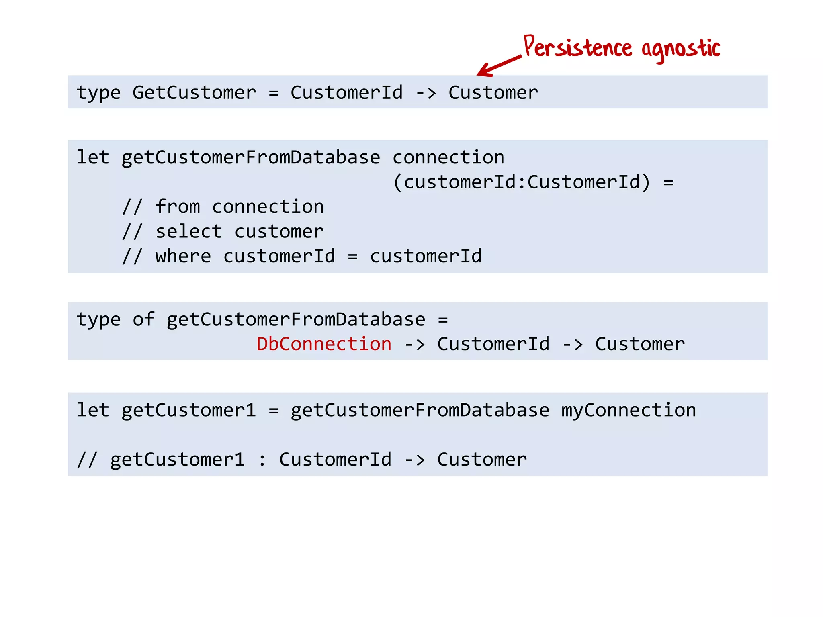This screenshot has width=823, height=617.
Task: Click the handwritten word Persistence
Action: click(578, 48)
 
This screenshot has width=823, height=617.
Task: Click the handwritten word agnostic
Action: click(680, 49)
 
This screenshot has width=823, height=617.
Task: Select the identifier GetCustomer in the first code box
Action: click(194, 93)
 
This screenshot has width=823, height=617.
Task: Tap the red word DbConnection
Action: click(324, 344)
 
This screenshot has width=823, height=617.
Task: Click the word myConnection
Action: click(629, 410)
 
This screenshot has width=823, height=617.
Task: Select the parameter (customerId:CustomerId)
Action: click(521, 182)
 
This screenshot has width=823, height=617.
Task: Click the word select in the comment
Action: click(189, 232)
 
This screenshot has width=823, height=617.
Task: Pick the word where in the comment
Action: click(183, 256)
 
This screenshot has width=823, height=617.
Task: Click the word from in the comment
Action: click(178, 207)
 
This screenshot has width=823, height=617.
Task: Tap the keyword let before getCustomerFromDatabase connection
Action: click(93, 157)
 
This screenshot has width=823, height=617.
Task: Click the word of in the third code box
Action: click(143, 319)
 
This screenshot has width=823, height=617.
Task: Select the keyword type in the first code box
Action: click(98, 93)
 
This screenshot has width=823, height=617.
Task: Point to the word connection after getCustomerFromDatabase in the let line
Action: click(448, 157)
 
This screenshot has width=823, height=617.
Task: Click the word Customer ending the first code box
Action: click(493, 93)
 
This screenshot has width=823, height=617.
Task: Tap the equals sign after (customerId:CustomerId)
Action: click(668, 183)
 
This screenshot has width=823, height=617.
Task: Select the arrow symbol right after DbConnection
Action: click(414, 345)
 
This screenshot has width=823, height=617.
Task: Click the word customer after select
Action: click(279, 232)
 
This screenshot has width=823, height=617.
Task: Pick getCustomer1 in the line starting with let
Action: click(188, 410)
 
